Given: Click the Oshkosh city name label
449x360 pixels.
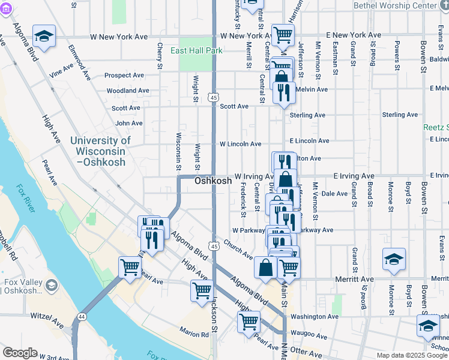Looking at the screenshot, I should click(212, 181).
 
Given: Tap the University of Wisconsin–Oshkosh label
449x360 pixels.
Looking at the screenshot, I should click(100, 151).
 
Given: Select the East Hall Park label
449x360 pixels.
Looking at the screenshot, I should click(196, 50).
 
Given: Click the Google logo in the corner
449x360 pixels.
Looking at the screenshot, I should click(20, 353).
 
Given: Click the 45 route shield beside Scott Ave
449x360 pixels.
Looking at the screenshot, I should click(214, 96).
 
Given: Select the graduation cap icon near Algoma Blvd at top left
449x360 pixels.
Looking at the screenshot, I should click(44, 36).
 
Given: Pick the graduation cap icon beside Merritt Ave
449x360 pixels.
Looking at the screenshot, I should click(394, 259).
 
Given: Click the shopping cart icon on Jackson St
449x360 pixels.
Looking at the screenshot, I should click(202, 290).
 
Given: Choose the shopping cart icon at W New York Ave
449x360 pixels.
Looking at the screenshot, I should click(282, 35).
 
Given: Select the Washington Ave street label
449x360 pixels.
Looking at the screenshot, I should click(315, 316).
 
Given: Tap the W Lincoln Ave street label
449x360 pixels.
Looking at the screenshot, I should click(240, 144).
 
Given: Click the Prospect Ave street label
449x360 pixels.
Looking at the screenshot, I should click(124, 76).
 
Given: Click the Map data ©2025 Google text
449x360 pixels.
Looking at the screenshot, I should click(411, 355).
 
